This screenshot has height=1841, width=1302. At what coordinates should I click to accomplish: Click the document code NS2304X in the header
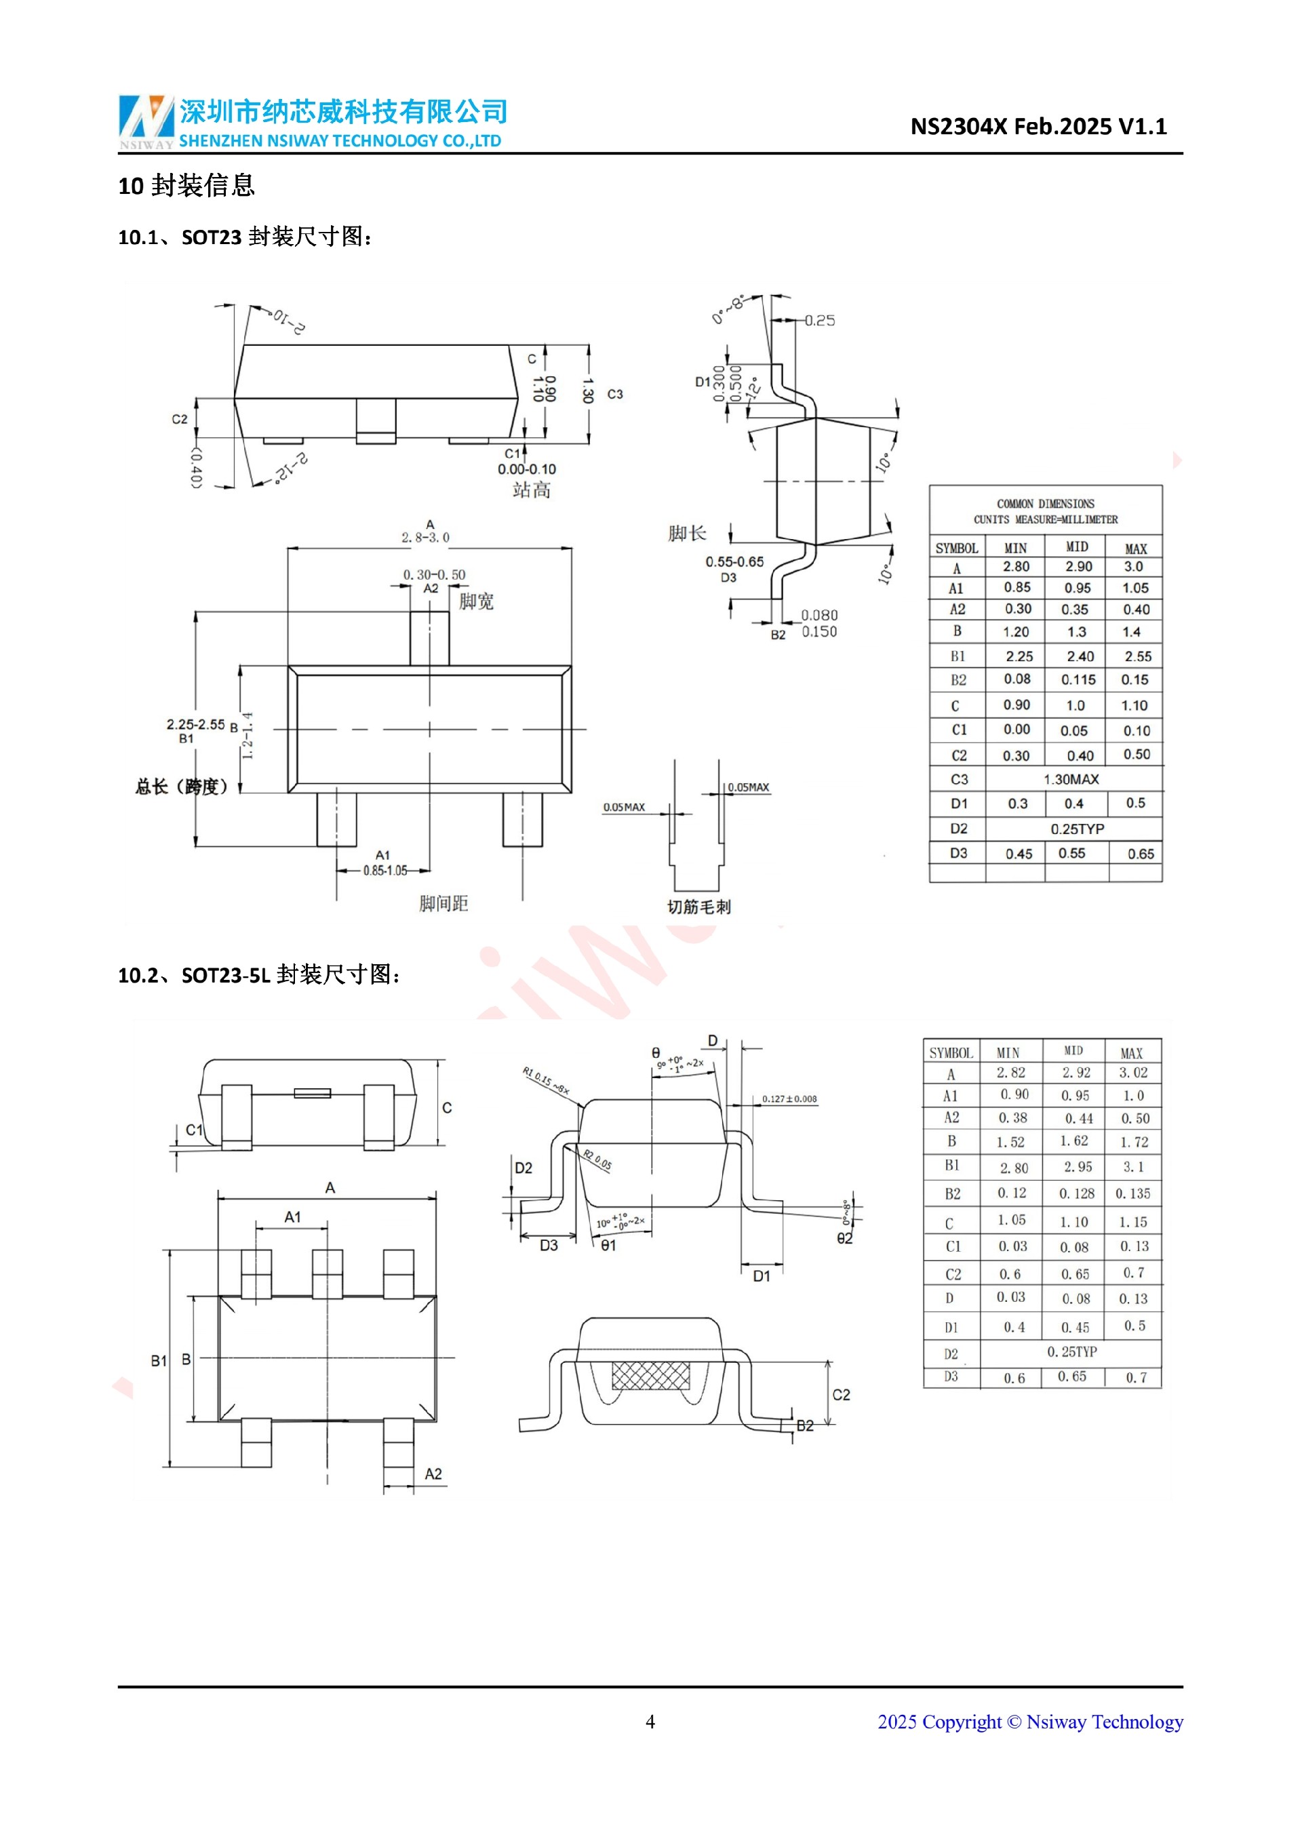pyautogui.click(x=958, y=127)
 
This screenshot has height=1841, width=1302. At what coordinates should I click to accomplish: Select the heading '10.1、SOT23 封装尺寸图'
pyautogui.click(x=245, y=237)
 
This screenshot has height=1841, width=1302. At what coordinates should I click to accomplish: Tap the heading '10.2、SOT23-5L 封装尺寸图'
pyautogui.click(x=259, y=975)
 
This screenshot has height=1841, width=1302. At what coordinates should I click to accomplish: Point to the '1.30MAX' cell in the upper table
pyautogui.click(x=1071, y=779)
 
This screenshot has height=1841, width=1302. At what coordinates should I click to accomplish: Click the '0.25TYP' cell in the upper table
pyautogui.click(x=1077, y=829)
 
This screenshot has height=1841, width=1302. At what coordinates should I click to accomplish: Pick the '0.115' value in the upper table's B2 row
pyautogui.click(x=1078, y=680)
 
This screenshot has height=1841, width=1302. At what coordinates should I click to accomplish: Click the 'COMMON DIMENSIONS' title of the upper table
pyautogui.click(x=1046, y=504)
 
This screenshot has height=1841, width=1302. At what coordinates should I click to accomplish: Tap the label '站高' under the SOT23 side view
pyautogui.click(x=532, y=490)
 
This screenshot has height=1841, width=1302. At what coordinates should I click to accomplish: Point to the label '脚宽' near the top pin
pyautogui.click(x=476, y=601)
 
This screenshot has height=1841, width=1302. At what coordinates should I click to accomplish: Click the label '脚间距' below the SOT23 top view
pyautogui.click(x=443, y=904)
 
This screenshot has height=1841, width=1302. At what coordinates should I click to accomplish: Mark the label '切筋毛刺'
pyautogui.click(x=699, y=907)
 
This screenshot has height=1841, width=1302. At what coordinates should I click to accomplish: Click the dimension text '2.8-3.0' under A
pyautogui.click(x=425, y=537)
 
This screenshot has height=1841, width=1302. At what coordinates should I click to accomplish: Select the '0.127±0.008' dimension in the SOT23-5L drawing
pyautogui.click(x=789, y=1098)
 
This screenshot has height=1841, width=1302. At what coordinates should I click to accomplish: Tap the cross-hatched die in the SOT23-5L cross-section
pyautogui.click(x=650, y=1376)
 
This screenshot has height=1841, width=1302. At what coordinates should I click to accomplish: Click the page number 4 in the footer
pyautogui.click(x=650, y=1722)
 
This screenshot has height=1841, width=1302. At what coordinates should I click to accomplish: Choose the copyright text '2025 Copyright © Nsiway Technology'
pyautogui.click(x=1030, y=1722)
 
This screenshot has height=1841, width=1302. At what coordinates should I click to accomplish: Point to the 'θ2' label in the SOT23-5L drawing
pyautogui.click(x=844, y=1239)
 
